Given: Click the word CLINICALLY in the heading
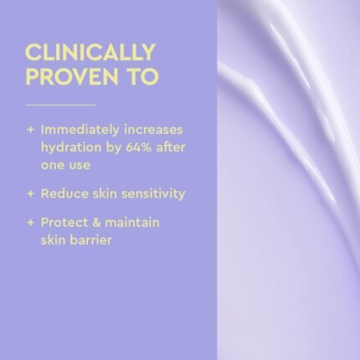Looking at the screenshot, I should click(x=90, y=53).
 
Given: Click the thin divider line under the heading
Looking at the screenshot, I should click(x=61, y=105).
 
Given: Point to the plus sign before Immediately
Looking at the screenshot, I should click(x=31, y=131).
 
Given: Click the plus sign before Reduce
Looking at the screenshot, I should click(x=31, y=193).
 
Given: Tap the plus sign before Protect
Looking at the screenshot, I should click(x=31, y=222).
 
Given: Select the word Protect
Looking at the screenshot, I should click(x=64, y=222).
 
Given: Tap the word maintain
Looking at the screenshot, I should click(x=134, y=222).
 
